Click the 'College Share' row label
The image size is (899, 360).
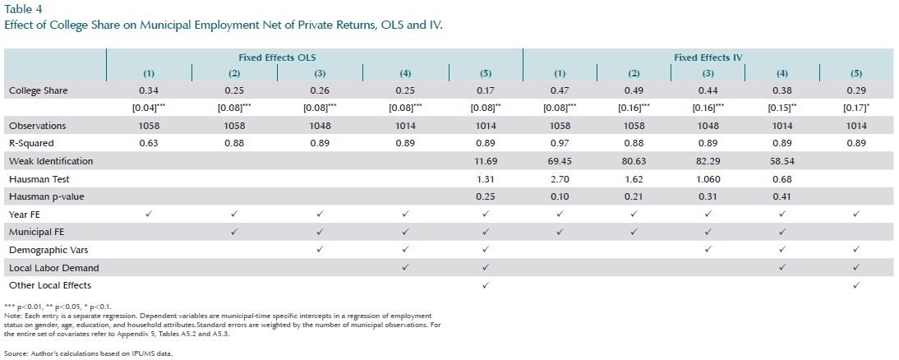[x=39, y=90]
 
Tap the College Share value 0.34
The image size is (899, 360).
[x=148, y=90]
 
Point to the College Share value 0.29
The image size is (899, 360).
[x=855, y=90]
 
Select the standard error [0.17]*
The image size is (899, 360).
[x=857, y=108]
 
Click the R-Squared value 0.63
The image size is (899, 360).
[x=148, y=143]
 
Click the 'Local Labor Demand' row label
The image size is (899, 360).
[x=53, y=268]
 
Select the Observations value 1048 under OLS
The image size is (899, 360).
[x=320, y=126]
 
